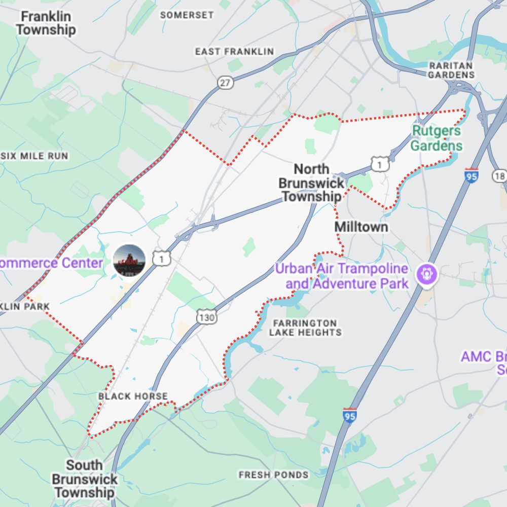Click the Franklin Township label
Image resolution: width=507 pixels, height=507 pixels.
pos(46,23)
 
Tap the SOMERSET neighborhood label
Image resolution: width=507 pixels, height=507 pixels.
pos(187,15)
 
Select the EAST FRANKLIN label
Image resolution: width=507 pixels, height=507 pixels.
pos(234,52)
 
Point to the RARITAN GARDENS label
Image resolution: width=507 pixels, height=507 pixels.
pos(451,70)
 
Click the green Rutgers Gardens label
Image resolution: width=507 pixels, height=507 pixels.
pos(437,138)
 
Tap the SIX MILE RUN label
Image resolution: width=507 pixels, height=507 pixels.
pos(34,156)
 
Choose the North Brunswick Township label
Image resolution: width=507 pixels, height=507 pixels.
pos(311,183)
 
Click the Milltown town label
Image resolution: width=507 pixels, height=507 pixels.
pos(361,227)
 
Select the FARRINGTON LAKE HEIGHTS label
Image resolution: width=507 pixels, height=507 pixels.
pos(305,328)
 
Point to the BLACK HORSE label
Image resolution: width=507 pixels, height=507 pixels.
pos(133,396)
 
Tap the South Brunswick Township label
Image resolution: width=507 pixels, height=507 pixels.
pos(84,479)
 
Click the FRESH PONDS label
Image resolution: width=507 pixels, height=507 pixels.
pos(273,475)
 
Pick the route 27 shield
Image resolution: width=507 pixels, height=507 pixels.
pos(226,83)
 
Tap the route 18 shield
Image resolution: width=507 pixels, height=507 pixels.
pos(499,175)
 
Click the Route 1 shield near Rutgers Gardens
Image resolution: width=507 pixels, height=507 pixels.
pos(380,164)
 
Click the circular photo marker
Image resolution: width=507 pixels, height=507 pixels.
pos(129,260)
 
